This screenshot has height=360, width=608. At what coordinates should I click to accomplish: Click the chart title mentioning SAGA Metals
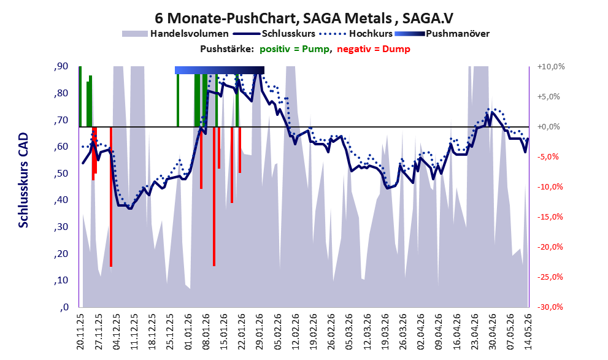coord(304,18)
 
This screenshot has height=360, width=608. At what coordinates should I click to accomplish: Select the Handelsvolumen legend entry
coord(175,34)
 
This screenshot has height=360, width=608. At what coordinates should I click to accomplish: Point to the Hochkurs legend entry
coord(356,34)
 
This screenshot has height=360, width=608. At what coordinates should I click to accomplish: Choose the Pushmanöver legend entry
coord(442,34)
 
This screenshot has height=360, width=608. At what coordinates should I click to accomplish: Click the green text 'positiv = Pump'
coord(294,49)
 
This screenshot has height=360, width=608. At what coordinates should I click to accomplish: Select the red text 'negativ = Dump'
coord(374,49)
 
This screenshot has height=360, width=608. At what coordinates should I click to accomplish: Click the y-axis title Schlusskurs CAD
coord(24,180)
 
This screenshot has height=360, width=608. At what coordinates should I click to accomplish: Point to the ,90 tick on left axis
coord(61,66)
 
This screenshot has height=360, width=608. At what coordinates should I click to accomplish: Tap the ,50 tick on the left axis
coord(61,173)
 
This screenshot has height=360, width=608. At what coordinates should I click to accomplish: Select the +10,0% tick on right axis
coord(551,67)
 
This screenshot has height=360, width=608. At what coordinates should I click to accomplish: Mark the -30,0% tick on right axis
coord(550,307)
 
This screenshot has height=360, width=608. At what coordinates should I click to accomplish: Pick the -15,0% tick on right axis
coord(550,217)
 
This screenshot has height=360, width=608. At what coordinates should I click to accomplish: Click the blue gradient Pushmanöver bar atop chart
coord(220,70)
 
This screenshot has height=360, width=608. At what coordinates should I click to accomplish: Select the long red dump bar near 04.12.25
coord(111,197)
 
